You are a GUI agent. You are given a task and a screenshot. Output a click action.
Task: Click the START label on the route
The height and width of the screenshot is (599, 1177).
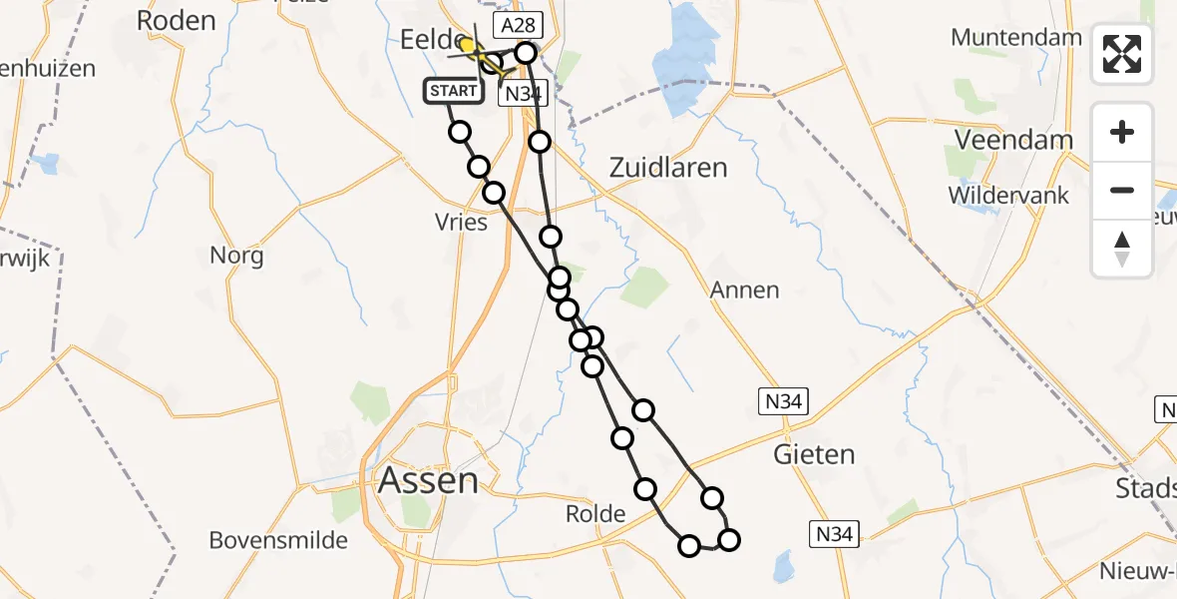[x=453, y=92]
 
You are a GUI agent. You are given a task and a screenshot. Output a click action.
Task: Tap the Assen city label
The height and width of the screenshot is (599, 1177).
[x=428, y=481]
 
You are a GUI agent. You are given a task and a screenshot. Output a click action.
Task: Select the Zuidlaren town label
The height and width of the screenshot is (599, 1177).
[x=668, y=167]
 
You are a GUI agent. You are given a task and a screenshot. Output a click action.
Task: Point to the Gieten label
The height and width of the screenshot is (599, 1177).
[x=815, y=455]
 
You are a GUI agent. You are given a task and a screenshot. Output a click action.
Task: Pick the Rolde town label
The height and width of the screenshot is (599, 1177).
[x=595, y=514]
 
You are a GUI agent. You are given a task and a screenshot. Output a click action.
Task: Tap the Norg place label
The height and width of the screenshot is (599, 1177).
[x=236, y=256]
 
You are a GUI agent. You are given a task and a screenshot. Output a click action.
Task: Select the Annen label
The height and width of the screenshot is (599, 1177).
[x=744, y=291]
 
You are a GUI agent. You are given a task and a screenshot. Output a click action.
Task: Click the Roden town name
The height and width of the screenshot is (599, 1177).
[x=176, y=20]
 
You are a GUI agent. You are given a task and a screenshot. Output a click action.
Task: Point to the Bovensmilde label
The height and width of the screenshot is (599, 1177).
[x=278, y=541]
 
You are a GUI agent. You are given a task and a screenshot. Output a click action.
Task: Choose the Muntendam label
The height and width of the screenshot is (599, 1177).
[x=1016, y=38]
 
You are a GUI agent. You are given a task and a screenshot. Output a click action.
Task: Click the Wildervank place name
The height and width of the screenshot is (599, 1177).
[x=1008, y=194]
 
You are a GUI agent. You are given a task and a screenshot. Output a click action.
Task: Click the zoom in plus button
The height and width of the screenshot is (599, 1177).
[x=1122, y=133]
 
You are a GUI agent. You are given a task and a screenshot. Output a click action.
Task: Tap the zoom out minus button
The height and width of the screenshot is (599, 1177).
[x=1122, y=190]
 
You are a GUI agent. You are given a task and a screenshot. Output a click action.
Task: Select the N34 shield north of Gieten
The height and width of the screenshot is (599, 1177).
[x=781, y=402]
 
